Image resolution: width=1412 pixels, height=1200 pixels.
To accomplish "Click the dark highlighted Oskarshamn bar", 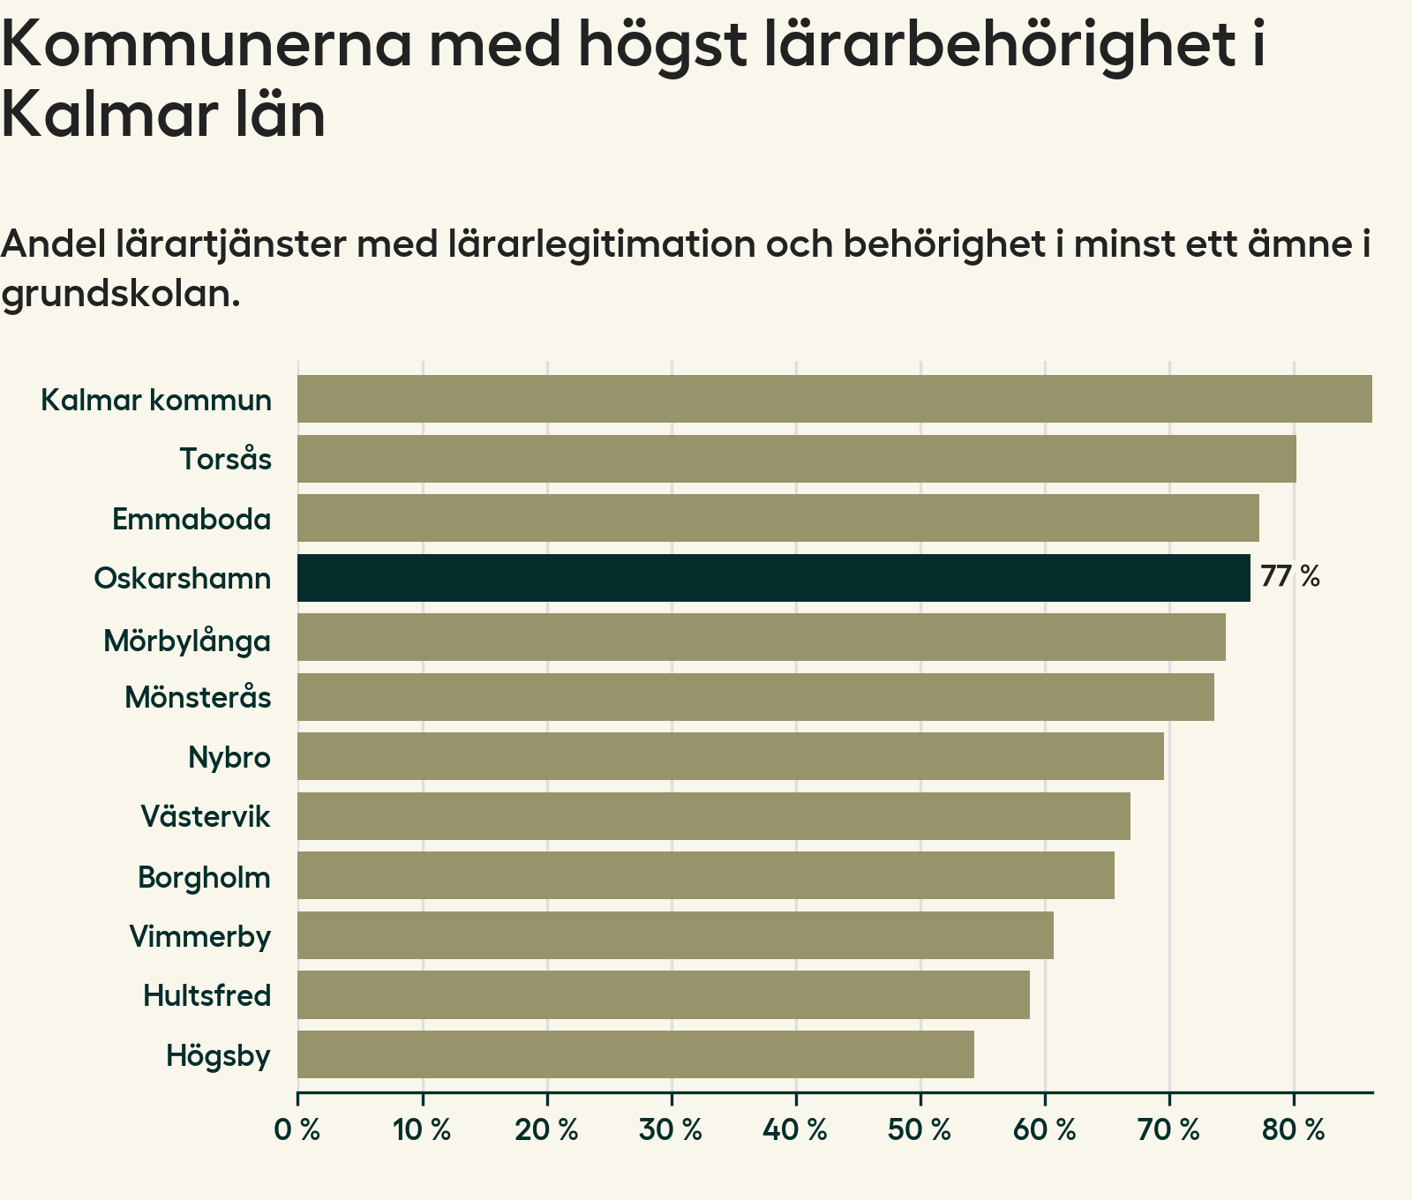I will pos(773,578).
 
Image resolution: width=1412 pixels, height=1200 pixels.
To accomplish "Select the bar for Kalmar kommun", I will pos(834,399).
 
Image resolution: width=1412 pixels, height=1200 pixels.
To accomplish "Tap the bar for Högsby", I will pos(635,1054).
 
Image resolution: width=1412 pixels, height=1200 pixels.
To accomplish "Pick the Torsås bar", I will pos(796,459).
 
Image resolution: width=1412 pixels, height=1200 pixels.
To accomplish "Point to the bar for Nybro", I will pos(730,756).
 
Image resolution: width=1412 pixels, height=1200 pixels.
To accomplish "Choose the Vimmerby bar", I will pos(675,935).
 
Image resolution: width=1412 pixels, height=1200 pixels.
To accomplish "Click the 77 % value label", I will pos(1289,577).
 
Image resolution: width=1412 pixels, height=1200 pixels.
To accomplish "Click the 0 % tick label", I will pos(297,1130).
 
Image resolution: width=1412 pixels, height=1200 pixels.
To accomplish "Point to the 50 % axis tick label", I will pos(920,1130).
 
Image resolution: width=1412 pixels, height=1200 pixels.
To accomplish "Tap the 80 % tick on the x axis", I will pos(1294,1130).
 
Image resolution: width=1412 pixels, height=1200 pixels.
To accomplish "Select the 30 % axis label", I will pos(672,1130).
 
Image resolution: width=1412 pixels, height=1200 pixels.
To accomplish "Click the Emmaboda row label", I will pos(192,519).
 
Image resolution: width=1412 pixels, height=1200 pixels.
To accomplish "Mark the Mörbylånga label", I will pos(187,640).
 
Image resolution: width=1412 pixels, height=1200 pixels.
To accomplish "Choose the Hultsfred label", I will pos(207,996).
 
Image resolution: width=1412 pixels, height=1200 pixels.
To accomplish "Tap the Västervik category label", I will pos(206,816).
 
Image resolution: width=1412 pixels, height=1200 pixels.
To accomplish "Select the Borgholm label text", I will pos(204,878).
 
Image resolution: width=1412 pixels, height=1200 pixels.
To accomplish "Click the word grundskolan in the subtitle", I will pos(121,294).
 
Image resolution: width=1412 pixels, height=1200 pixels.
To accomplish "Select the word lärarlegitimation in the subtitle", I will pos(598,244).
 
